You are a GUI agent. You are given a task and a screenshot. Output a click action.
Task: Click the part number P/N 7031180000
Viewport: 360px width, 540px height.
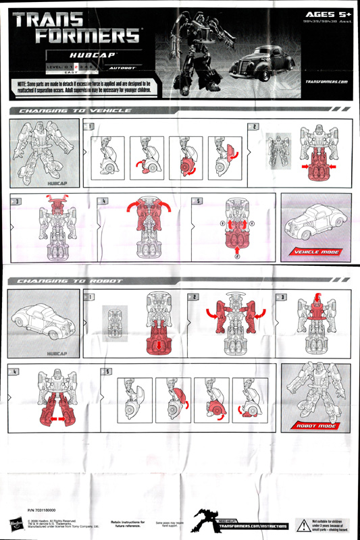[42, 511]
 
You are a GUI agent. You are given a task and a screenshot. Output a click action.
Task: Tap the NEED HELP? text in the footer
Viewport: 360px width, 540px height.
[228, 518]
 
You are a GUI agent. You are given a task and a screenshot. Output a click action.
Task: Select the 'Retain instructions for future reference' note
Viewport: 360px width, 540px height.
[128, 523]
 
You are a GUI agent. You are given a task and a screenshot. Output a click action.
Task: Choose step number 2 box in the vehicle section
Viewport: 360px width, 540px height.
[254, 126]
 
